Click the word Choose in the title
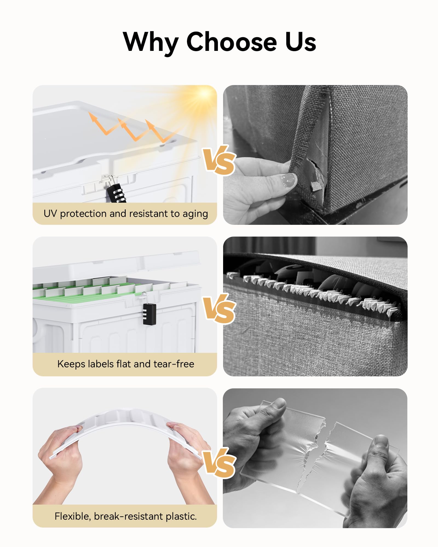click(232, 42)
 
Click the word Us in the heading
click(301, 42)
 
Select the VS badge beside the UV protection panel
click(219, 160)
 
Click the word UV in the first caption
click(50, 214)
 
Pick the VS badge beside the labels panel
click(219, 309)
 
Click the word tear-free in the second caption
click(174, 364)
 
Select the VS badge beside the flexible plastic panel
click(219, 463)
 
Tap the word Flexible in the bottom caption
click(73, 516)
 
